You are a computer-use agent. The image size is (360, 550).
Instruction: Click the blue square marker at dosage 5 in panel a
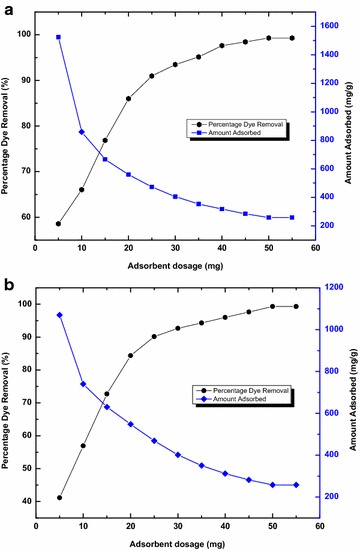[58, 37]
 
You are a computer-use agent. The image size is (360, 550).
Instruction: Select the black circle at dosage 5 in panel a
[58, 224]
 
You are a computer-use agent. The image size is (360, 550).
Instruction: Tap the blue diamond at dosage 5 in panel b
[58, 315]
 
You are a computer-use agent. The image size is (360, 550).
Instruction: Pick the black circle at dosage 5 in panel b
[58, 498]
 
